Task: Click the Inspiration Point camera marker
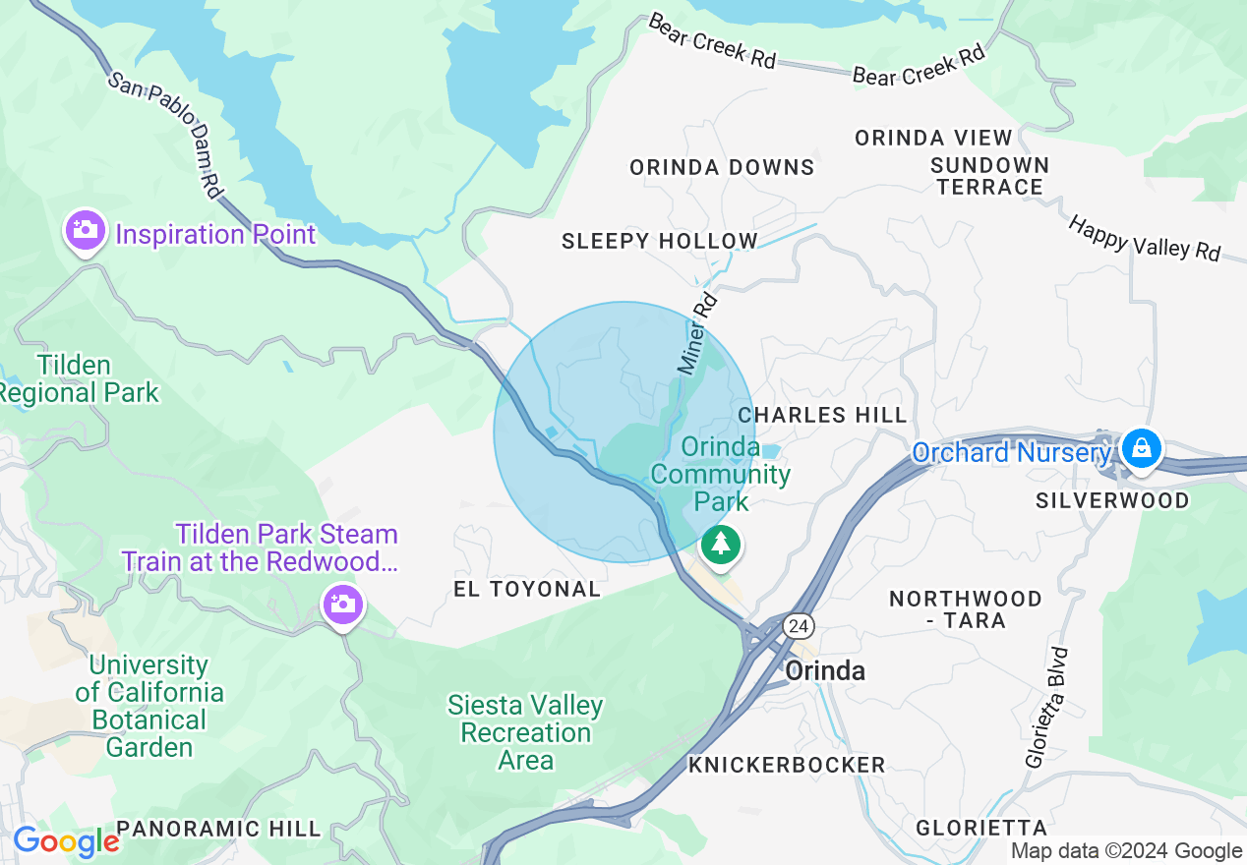(86, 231)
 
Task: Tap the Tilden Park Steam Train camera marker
(342, 603)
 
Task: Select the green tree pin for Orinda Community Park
(722, 544)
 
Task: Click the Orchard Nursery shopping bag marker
(1141, 449)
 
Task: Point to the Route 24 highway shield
(798, 625)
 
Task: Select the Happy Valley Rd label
(1145, 239)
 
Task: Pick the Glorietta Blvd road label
(1046, 707)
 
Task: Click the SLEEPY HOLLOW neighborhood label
(660, 241)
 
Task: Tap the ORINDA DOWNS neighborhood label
(722, 167)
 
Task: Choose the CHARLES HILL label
(822, 415)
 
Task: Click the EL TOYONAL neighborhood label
(527, 589)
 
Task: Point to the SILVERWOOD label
(1112, 500)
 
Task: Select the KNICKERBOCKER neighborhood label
(787, 765)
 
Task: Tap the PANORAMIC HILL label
(218, 829)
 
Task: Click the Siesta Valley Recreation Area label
(525, 732)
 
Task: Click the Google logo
(65, 842)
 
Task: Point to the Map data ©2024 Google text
(1127, 851)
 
